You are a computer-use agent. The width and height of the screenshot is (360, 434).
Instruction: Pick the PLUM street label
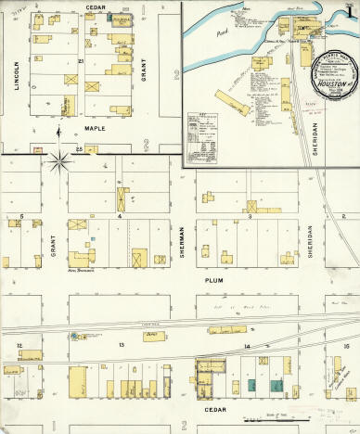pos(214,276)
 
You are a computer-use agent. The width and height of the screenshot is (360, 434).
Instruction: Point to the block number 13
pos(121,344)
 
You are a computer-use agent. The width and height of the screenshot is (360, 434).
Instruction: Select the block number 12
pos(19,344)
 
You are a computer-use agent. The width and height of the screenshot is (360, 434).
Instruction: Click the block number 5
pos(20,216)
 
